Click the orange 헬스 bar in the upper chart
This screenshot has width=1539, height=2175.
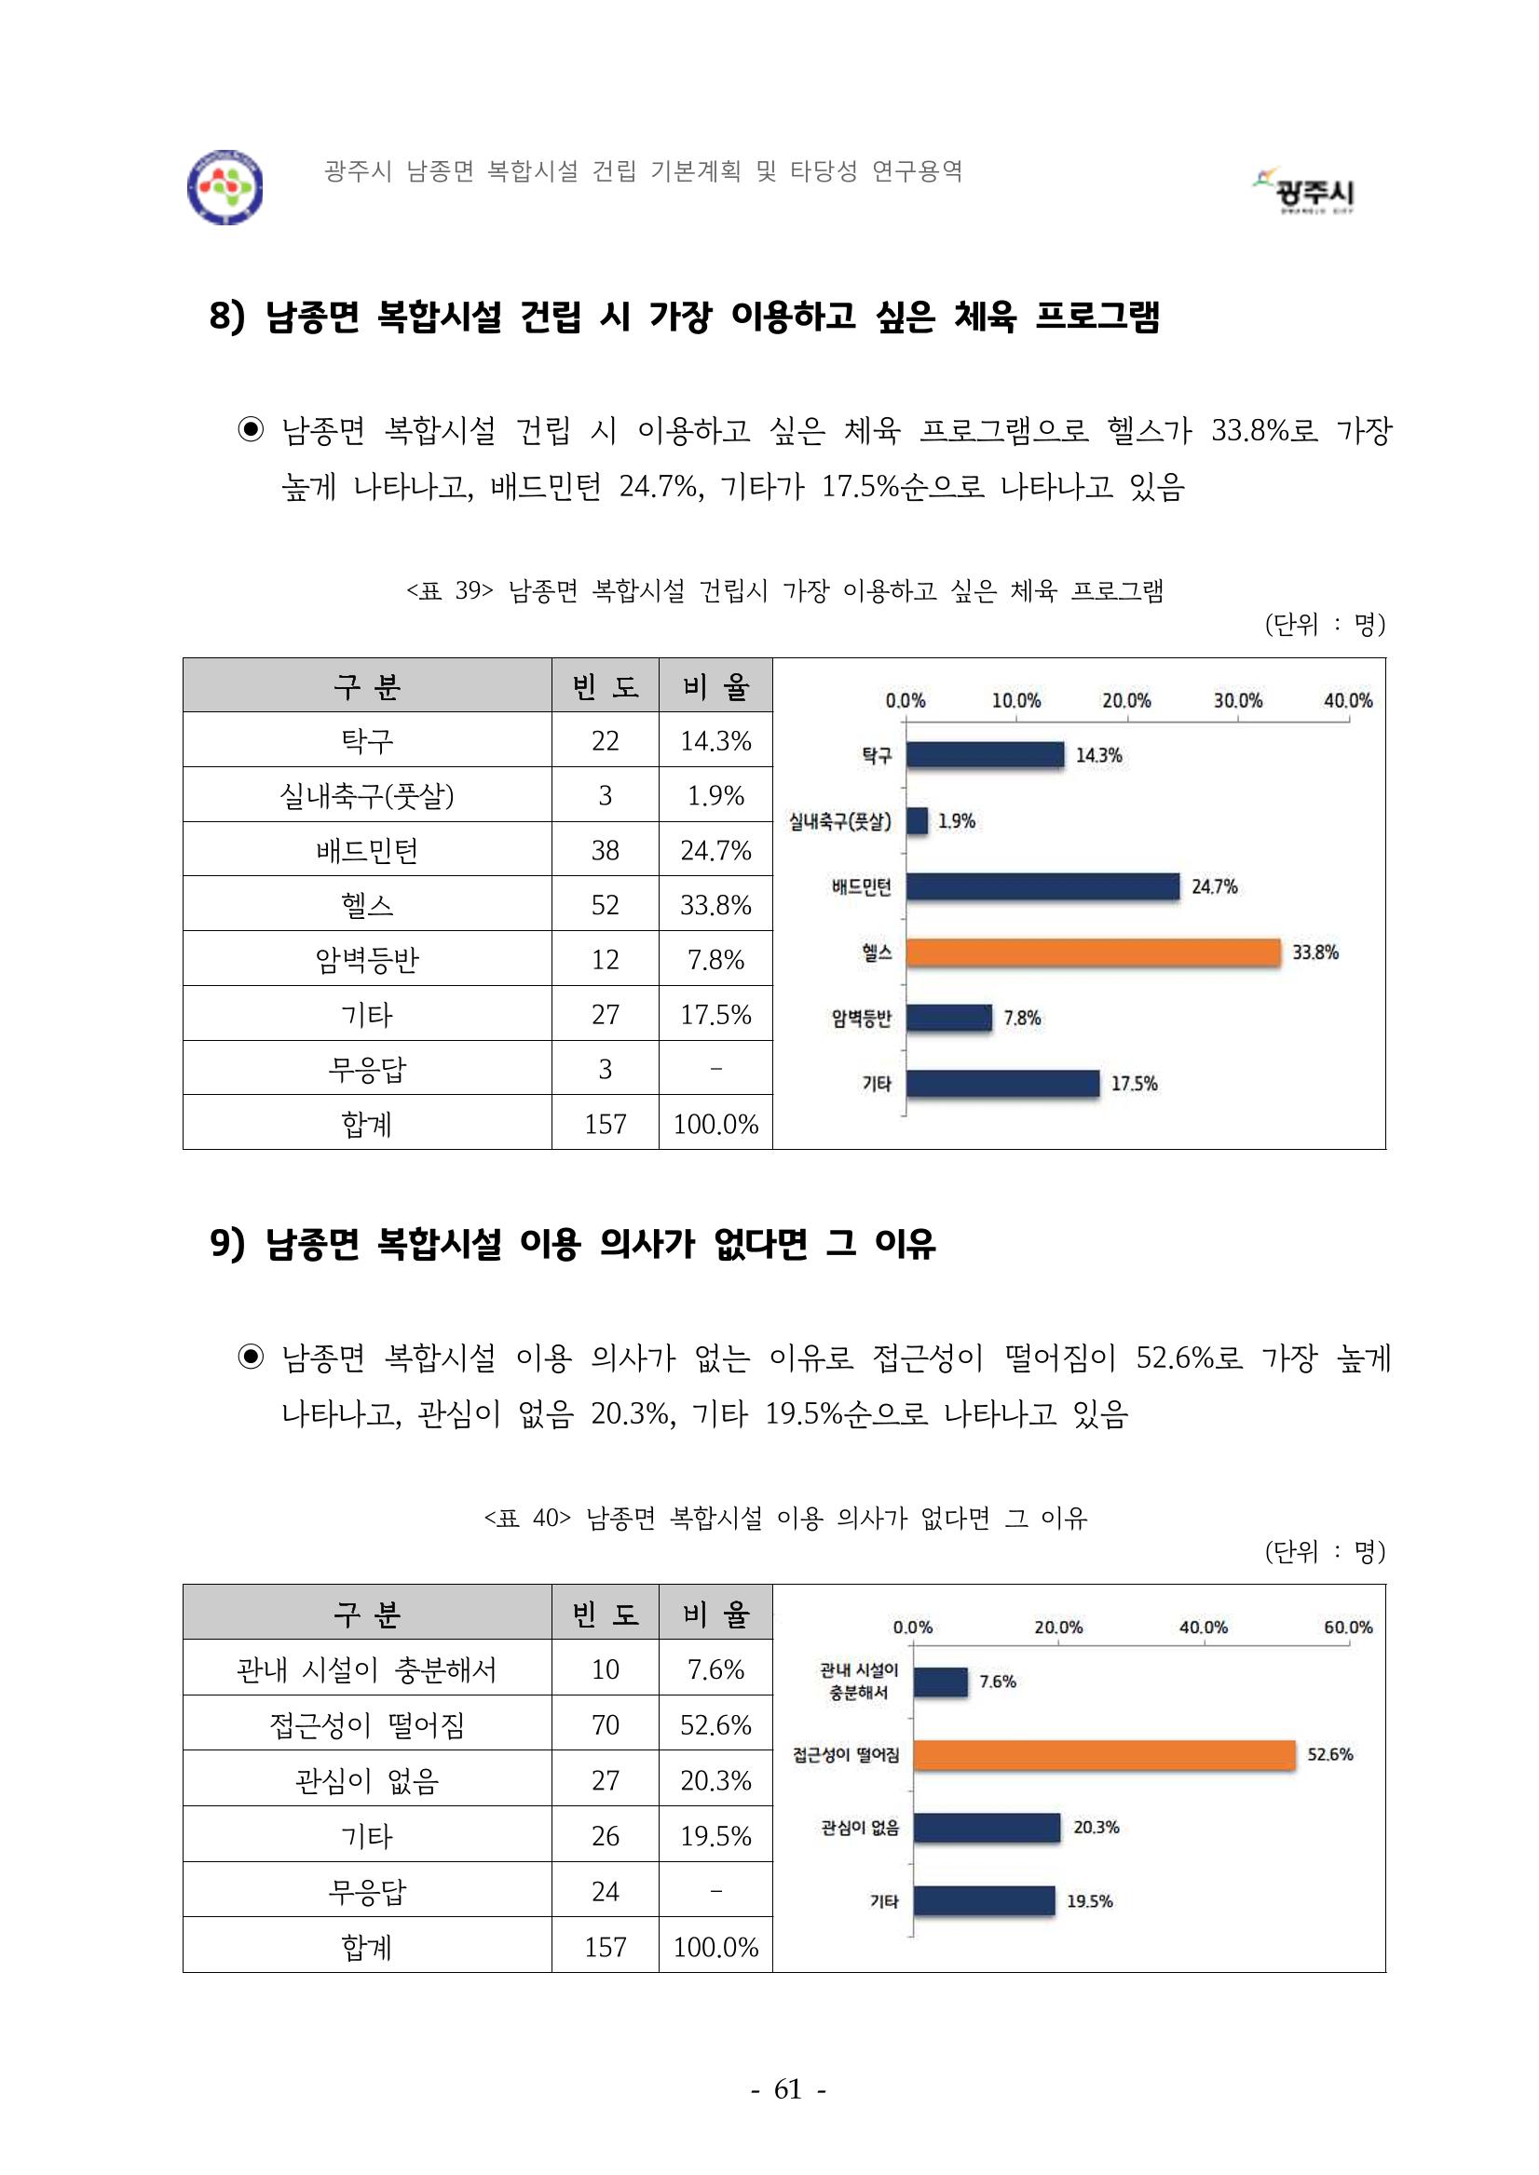(1093, 953)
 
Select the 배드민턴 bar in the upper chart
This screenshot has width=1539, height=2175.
(1042, 886)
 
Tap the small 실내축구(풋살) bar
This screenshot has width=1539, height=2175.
(917, 821)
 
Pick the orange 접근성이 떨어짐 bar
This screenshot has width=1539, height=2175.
(1104, 1754)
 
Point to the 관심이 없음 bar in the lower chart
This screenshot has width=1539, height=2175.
(987, 1828)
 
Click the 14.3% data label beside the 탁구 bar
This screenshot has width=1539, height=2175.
(1098, 755)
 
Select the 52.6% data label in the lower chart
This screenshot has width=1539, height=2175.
(1329, 1754)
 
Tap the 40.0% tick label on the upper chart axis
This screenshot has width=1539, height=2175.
(1348, 701)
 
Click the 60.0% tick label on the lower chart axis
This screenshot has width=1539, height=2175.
(1348, 1628)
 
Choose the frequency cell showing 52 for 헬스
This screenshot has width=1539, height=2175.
(605, 905)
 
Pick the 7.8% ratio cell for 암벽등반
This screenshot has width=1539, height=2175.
(715, 960)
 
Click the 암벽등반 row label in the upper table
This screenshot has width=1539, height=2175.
(367, 960)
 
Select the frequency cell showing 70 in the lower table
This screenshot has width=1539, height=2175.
(605, 1724)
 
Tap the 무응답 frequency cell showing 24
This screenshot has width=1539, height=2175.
(605, 1891)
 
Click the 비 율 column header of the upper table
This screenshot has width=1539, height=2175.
(715, 686)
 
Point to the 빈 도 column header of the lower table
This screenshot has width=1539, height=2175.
(605, 1614)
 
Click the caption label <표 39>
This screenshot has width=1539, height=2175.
(450, 591)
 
